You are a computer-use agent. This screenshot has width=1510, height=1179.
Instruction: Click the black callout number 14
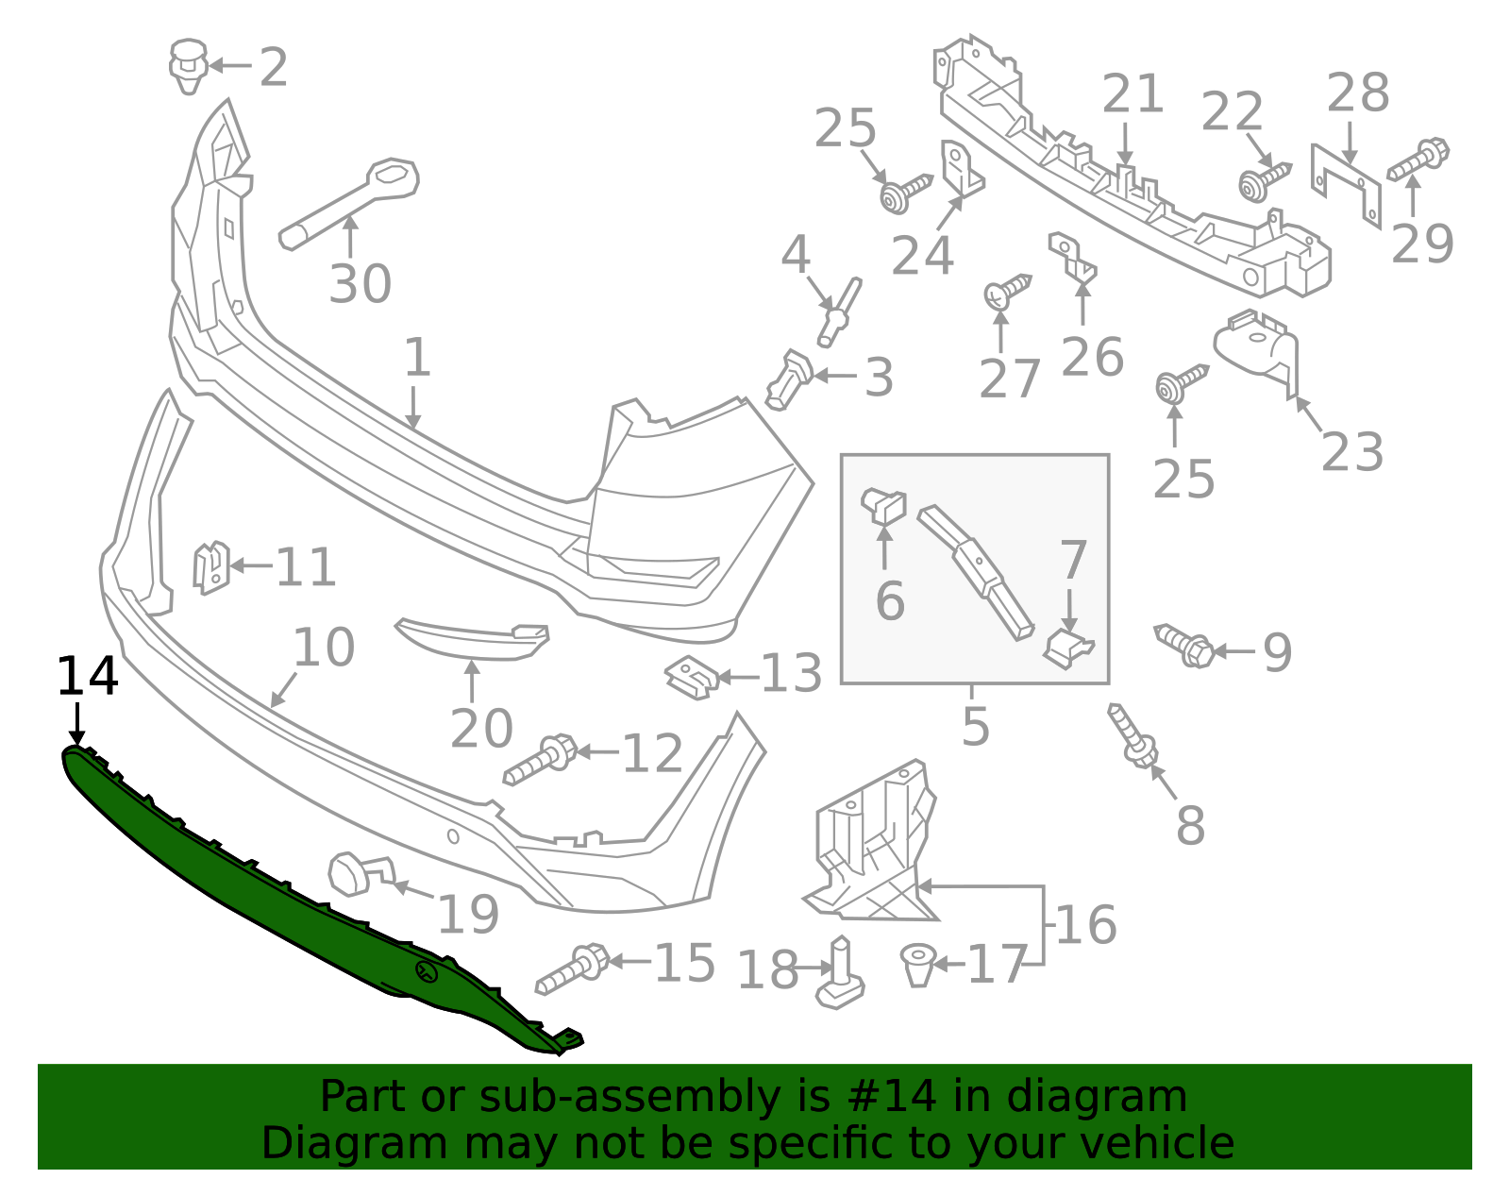pyautogui.click(x=87, y=677)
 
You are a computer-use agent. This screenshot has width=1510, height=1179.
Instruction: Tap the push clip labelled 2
pyautogui.click(x=189, y=65)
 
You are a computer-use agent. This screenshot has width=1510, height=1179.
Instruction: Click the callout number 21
pyautogui.click(x=1132, y=95)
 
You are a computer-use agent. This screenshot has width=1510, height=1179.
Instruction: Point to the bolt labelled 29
pyautogui.click(x=1418, y=160)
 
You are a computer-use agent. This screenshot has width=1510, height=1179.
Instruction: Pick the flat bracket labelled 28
pyautogui.click(x=1347, y=184)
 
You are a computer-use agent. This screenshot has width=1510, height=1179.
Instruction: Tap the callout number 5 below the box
pyautogui.click(x=976, y=726)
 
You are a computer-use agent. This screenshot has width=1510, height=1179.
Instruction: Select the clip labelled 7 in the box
pyautogui.click(x=1067, y=649)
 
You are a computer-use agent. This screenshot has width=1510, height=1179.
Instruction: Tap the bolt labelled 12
pyautogui.click(x=541, y=761)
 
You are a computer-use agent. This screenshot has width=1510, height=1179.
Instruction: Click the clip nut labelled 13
pyautogui.click(x=690, y=677)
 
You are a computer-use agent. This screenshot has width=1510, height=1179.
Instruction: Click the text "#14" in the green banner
pyautogui.click(x=892, y=1097)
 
